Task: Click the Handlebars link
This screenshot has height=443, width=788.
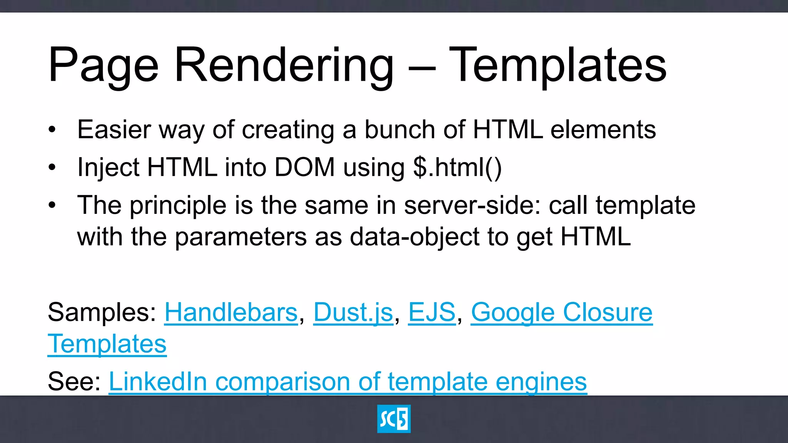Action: (231, 312)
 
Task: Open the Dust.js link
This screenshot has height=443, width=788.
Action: (353, 312)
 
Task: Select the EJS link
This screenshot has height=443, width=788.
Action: (432, 312)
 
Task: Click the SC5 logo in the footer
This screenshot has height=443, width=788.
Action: (394, 419)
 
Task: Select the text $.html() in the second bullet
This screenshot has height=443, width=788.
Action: (457, 167)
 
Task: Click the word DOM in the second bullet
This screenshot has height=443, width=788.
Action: (304, 167)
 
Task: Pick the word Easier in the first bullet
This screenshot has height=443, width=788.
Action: (114, 130)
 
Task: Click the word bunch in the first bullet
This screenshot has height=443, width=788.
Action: (399, 130)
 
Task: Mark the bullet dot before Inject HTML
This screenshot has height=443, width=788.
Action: (52, 167)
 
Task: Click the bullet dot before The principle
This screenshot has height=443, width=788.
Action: (52, 205)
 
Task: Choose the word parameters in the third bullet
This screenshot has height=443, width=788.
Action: (241, 236)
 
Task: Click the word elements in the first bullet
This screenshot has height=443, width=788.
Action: (603, 130)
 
